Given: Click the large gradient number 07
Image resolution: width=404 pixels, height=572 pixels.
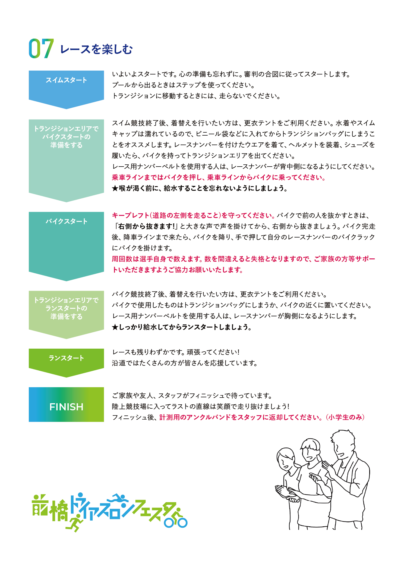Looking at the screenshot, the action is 41,48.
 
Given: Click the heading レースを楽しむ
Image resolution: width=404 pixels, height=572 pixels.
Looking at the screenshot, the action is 96,49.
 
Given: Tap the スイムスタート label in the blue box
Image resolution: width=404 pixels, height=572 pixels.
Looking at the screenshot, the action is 66,80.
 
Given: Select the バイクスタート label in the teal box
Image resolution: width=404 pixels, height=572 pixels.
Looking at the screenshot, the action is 66,221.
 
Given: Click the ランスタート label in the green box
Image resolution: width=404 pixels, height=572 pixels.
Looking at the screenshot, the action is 66,358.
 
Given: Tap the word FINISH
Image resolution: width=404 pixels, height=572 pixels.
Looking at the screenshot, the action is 66,407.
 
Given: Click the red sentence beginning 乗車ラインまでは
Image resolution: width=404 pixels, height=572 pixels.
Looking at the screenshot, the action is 219,177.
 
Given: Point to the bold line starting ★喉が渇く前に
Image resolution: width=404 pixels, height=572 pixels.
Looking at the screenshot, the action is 200,188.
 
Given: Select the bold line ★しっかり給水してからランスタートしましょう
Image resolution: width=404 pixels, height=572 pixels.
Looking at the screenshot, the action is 182,327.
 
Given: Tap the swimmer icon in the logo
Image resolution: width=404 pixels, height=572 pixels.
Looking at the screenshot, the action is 117,498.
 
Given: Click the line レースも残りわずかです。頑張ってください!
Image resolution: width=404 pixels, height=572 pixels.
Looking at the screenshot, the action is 176,352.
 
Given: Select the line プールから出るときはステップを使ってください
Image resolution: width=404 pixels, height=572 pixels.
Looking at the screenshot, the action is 184,85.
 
